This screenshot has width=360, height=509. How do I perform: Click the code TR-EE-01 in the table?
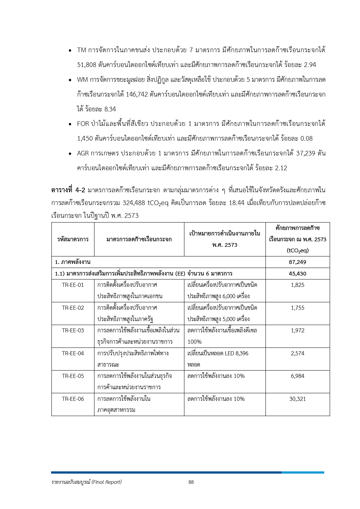coord(73,285)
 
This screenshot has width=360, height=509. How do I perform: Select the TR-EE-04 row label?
coord(73,353)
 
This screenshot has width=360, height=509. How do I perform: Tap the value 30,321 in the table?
coord(297,399)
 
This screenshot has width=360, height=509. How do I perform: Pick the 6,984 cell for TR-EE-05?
coord(297,376)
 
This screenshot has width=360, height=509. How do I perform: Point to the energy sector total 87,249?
coord(297,262)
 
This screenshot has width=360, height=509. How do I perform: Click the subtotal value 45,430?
coord(297,273)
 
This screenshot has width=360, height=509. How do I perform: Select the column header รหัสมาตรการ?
coord(73,239)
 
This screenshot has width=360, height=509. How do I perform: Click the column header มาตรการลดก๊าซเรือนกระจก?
coord(139,239)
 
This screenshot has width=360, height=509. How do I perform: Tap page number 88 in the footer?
coord(191,482)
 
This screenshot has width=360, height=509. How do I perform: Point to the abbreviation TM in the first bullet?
coord(82,50)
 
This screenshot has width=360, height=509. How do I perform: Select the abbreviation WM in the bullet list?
coord(82,80)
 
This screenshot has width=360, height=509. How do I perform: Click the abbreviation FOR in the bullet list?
coord(83,124)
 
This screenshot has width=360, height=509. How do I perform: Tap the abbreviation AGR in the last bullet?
coord(83,153)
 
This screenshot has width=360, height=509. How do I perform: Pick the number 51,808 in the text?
coord(86,65)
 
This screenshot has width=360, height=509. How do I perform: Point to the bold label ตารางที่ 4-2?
coord(68,190)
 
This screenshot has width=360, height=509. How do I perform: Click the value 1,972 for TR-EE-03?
coord(297,330)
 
